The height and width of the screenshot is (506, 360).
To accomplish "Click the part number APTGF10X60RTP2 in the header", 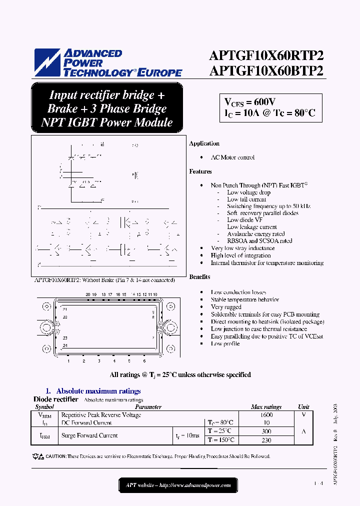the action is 266,55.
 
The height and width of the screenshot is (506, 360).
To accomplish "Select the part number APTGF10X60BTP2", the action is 266,70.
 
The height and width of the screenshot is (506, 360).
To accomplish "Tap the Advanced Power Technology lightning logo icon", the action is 47,62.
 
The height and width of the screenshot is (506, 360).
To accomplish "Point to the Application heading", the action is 204,143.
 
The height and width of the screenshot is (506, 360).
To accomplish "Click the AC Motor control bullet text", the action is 232,157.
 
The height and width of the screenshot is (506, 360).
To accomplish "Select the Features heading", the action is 200,171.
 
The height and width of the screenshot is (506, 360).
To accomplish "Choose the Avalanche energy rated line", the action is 255,233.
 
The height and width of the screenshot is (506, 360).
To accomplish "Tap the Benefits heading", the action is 199,276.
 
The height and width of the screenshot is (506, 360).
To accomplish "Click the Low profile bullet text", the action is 225,343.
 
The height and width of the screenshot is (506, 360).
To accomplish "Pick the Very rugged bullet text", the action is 226,307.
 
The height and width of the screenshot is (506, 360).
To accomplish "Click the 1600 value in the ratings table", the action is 266,415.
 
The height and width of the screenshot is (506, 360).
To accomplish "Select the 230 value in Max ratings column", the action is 266,440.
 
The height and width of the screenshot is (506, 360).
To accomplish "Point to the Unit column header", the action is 303,407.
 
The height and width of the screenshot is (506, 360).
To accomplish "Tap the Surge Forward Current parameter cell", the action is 89,435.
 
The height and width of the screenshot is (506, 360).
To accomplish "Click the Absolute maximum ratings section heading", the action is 98,391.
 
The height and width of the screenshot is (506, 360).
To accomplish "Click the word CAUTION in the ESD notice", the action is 55,456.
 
